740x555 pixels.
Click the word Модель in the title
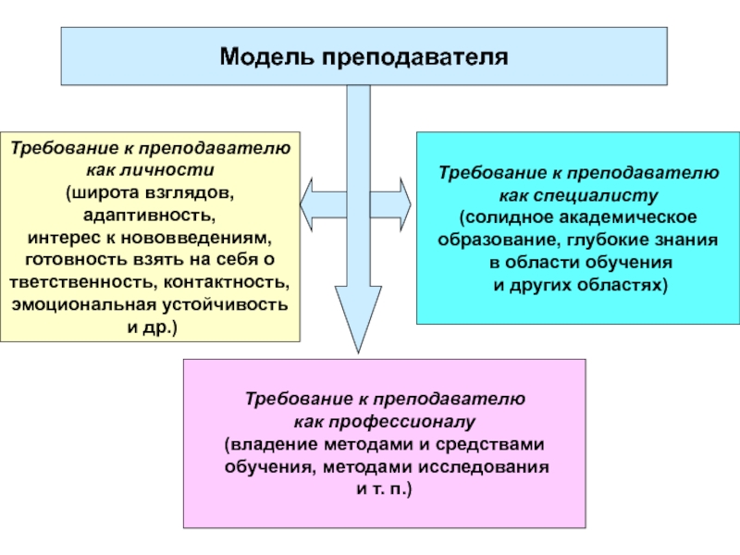pyautogui.click(x=267, y=56)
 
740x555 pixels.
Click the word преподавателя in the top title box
pyautogui.click(x=415, y=57)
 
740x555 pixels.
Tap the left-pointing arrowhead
pyautogui.click(x=307, y=204)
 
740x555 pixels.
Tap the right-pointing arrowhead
pyautogui.click(x=405, y=204)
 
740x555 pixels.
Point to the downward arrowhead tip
pyautogui.click(x=358, y=352)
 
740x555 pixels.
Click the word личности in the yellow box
pyautogui.click(x=167, y=170)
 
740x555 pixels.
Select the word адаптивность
pyautogui.click(x=150, y=216)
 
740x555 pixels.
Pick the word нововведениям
pyautogui.click(x=196, y=238)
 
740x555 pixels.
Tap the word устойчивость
pyautogui.click(x=225, y=305)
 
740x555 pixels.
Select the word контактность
pyautogui.click(x=227, y=282)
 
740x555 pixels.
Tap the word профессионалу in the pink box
pyautogui.click(x=402, y=422)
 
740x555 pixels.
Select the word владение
pyautogui.click(x=274, y=445)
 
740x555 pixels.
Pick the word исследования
pyautogui.click(x=484, y=467)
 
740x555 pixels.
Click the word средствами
pyautogui.click(x=490, y=445)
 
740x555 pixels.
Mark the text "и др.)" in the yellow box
pyautogui.click(x=152, y=327)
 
